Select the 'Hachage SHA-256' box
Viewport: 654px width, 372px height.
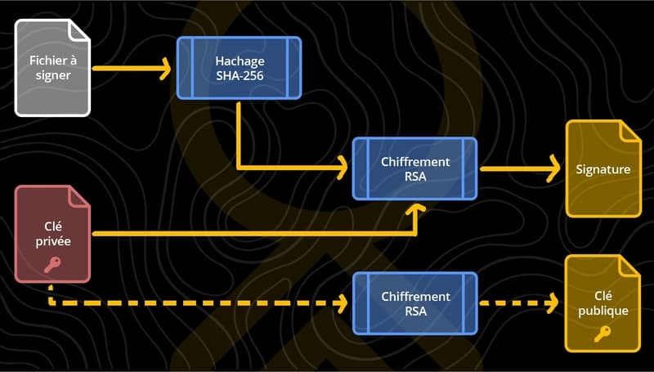(x=239, y=68)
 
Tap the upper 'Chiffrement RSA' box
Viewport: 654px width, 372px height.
(x=414, y=168)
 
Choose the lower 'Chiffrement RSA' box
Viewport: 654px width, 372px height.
(x=414, y=303)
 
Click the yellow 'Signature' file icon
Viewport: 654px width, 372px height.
(x=602, y=169)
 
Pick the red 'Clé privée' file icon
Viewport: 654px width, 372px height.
(x=52, y=235)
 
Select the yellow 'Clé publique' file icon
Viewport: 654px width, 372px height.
(x=602, y=303)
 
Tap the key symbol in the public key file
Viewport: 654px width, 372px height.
(x=602, y=333)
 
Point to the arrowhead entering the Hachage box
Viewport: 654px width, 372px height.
(x=168, y=68)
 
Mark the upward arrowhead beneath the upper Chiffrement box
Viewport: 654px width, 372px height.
(x=415, y=209)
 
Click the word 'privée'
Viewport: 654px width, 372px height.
(x=52, y=242)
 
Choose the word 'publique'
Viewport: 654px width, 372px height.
(x=602, y=311)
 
